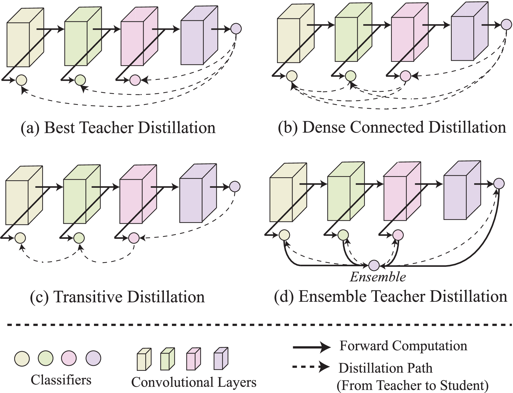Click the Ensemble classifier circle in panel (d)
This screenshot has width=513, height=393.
374,265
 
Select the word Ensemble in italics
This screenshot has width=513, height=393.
378,277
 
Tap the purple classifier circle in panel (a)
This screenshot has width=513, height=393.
236,28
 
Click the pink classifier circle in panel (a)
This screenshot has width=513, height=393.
135,80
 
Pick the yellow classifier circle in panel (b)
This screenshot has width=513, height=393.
291,75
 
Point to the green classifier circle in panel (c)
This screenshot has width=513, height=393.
79,238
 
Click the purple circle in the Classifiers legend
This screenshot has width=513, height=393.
93,358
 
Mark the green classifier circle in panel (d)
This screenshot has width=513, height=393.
343,235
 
